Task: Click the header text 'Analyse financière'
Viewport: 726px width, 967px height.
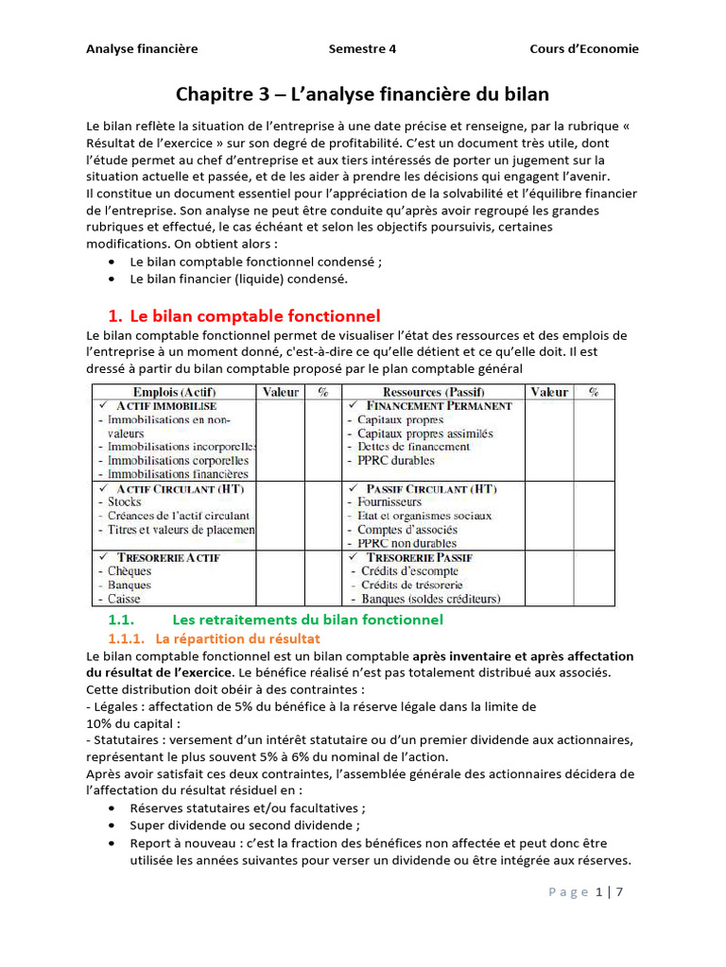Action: point(142,49)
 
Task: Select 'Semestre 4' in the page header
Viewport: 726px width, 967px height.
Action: point(363,49)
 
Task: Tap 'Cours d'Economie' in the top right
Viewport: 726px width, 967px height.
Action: point(583,49)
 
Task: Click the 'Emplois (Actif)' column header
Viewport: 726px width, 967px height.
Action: point(174,392)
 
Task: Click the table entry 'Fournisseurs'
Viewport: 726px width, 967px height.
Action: point(389,502)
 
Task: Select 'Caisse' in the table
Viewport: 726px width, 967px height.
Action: point(126,599)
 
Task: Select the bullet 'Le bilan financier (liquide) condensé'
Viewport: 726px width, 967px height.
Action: point(239,280)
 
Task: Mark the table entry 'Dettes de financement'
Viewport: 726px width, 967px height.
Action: point(413,447)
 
